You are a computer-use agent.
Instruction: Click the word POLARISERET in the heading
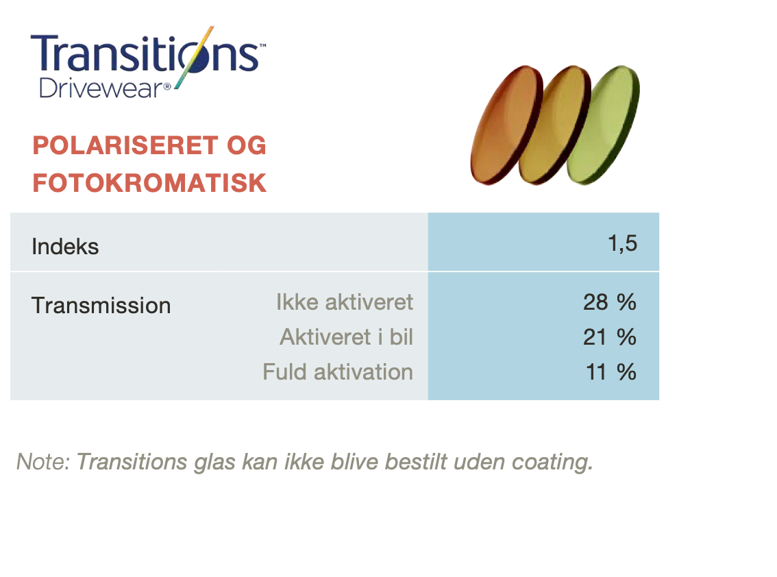coord(125,145)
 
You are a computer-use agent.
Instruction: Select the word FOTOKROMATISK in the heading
coord(149,183)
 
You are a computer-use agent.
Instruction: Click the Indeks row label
coord(65,247)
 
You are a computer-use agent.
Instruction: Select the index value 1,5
coord(622,243)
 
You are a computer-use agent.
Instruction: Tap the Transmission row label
coord(101,306)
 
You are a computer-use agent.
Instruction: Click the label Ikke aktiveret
coord(345,302)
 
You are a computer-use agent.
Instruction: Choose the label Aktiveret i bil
coord(347,337)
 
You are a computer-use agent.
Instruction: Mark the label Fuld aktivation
coord(338,372)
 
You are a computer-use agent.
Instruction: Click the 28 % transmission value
coord(610,302)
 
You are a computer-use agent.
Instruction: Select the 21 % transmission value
coord(610,337)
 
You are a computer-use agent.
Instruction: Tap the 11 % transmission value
coord(611,372)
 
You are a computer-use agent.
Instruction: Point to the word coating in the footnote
coord(552,463)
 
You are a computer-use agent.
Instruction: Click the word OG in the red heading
coord(247,145)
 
